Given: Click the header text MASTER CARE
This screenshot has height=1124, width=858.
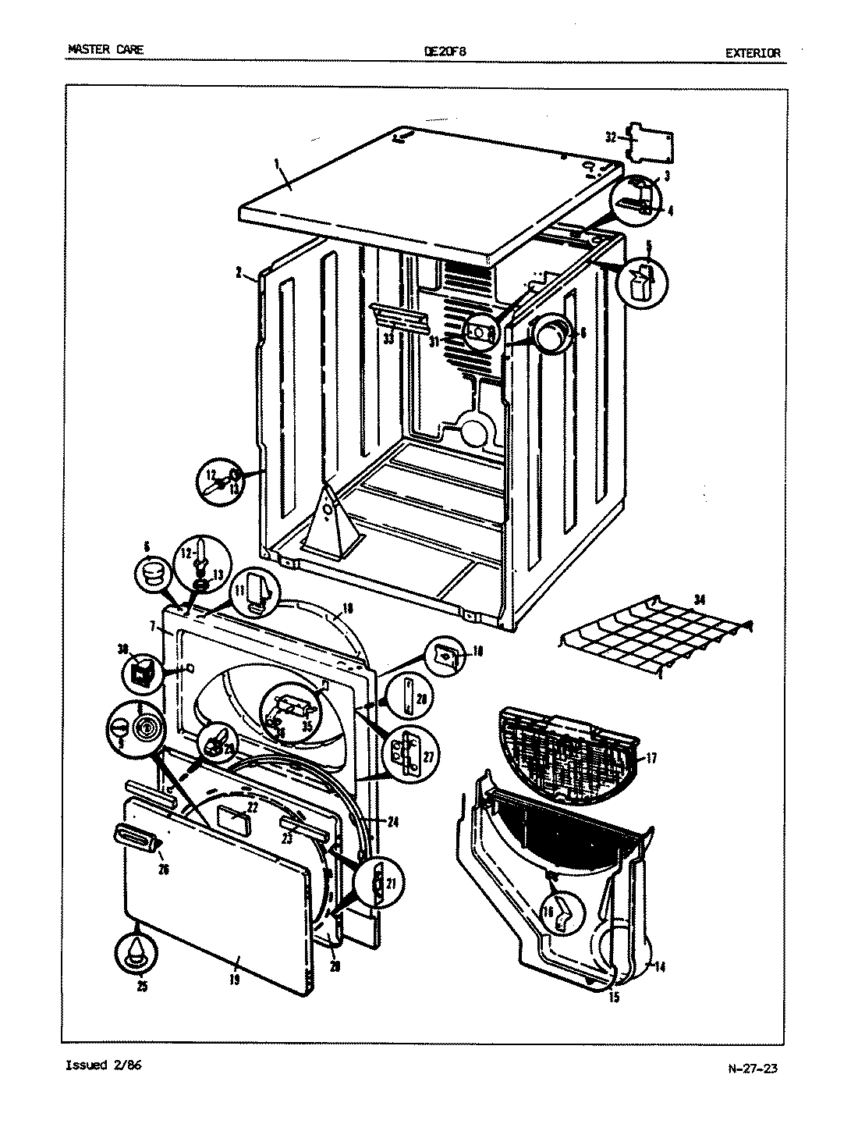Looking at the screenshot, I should pos(105,51).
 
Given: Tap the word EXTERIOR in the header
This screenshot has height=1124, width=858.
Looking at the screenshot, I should pos(752,53).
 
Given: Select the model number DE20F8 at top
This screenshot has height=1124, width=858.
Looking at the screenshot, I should pos(445,52).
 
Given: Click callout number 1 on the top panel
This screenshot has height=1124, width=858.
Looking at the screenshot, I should pos(275,163).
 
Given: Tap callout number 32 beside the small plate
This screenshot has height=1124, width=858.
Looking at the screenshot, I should pos(612,137).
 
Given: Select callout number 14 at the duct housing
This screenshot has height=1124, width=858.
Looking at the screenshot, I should pos(660,968).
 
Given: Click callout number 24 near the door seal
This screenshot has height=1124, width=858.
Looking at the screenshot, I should pos(392,820).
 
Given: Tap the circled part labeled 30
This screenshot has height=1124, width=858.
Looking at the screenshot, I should pos(139,671).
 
